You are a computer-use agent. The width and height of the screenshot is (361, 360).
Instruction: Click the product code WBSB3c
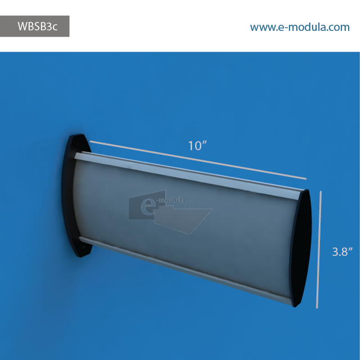[37, 26]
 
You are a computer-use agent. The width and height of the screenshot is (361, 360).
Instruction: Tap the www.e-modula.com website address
[300, 27]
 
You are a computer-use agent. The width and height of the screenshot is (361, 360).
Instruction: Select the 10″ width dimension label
[198, 146]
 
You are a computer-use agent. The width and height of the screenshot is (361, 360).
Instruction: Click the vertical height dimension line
[319, 250]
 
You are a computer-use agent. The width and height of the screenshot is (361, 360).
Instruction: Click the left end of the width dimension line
[91, 142]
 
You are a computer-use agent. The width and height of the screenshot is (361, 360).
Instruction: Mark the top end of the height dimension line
[321, 192]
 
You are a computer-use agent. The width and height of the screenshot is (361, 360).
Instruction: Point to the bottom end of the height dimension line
[318, 308]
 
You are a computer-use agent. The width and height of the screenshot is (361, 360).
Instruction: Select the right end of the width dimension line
[306, 178]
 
